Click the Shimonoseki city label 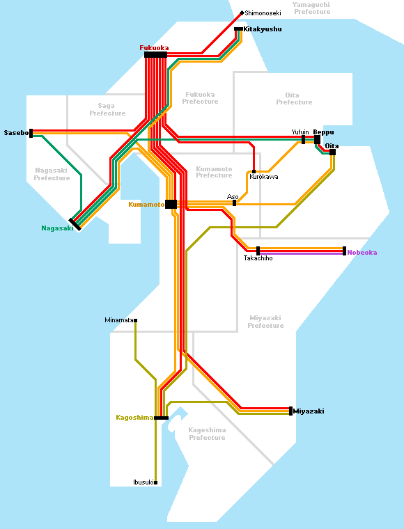click(x=263, y=13)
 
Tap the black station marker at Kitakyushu click(x=238, y=29)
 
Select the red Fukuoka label click(x=154, y=48)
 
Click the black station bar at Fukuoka click(x=155, y=55)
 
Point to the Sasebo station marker click(x=31, y=133)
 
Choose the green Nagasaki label click(x=57, y=228)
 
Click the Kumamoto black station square click(x=171, y=204)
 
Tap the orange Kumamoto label click(x=146, y=205)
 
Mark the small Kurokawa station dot click(x=254, y=171)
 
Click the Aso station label click(x=233, y=197)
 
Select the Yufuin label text click(x=300, y=132)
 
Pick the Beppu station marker click(x=317, y=140)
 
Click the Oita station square click(x=332, y=152)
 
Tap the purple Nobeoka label click(x=362, y=253)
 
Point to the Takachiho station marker click(x=258, y=251)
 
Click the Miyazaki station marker click(x=290, y=411)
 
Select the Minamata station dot click(x=135, y=320)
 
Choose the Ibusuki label click(x=143, y=482)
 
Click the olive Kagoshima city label click(x=134, y=418)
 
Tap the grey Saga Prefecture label click(x=107, y=110)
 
